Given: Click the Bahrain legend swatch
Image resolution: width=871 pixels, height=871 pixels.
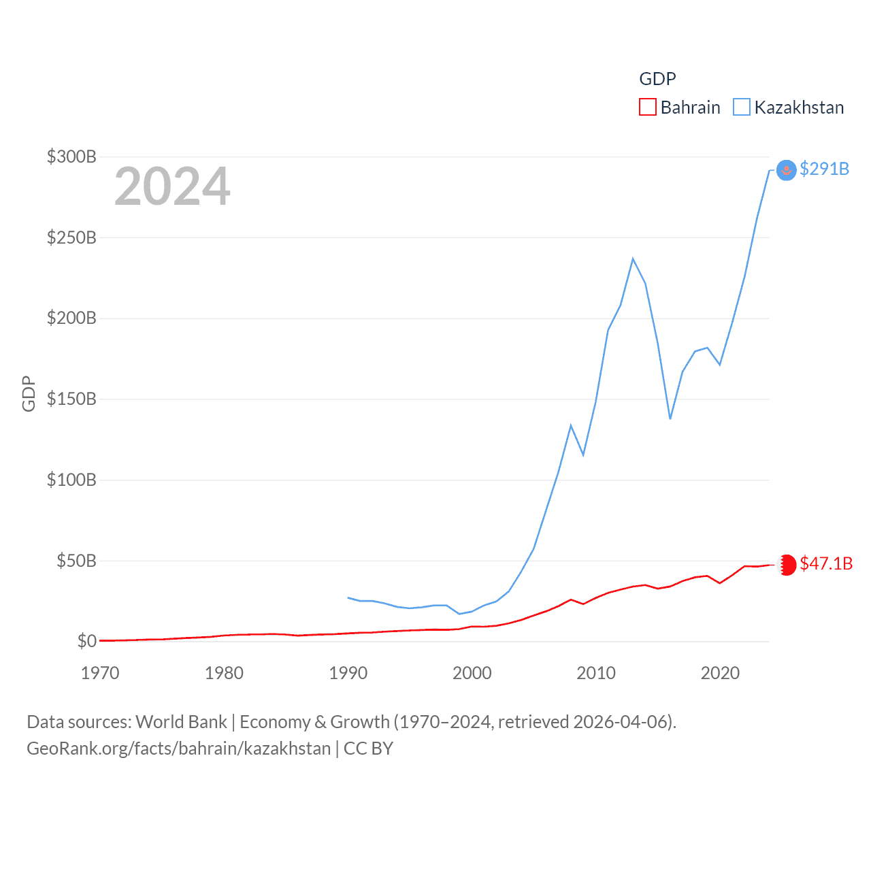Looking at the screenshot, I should coord(647,108).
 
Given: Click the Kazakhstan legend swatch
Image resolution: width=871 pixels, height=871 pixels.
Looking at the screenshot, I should coord(741,108).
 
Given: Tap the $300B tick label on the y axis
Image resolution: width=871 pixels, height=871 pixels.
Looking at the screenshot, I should coord(71,157).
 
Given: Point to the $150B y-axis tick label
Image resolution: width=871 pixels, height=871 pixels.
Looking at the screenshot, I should coord(71,399).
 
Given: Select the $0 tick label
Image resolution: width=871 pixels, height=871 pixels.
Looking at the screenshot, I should coord(86,641).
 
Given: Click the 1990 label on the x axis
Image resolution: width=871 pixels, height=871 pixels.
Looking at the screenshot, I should coord(348,673).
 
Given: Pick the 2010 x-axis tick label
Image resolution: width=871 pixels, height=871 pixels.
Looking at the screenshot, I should coord(596,673).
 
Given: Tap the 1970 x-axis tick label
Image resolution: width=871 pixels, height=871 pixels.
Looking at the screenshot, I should coord(100,673).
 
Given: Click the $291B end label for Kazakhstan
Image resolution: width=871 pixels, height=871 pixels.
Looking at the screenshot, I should coord(824,169).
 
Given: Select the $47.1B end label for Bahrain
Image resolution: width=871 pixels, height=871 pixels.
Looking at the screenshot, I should coord(826,563).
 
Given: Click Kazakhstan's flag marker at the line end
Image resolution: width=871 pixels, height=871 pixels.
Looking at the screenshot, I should coord(786,170).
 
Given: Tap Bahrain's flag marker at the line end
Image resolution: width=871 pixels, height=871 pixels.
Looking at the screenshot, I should coord(787,565).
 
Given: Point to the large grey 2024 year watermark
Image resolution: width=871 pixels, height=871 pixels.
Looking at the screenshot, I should coord(172,186).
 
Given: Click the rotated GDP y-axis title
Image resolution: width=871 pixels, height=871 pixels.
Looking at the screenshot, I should coord(29,393).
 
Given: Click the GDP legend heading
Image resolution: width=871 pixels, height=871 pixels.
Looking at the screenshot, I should coord(657,79).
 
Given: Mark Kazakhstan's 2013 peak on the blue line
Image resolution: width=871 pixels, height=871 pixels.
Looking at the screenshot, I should coord(633,259).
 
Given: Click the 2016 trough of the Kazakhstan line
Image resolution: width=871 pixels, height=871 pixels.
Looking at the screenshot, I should coord(670,418).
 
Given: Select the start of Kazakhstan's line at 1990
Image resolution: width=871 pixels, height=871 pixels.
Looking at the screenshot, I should coord(348,597).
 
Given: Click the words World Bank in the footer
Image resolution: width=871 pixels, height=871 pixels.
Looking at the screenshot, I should coord(182,721).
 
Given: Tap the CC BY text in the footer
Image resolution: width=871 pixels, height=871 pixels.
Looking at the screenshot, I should coord(368,749).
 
